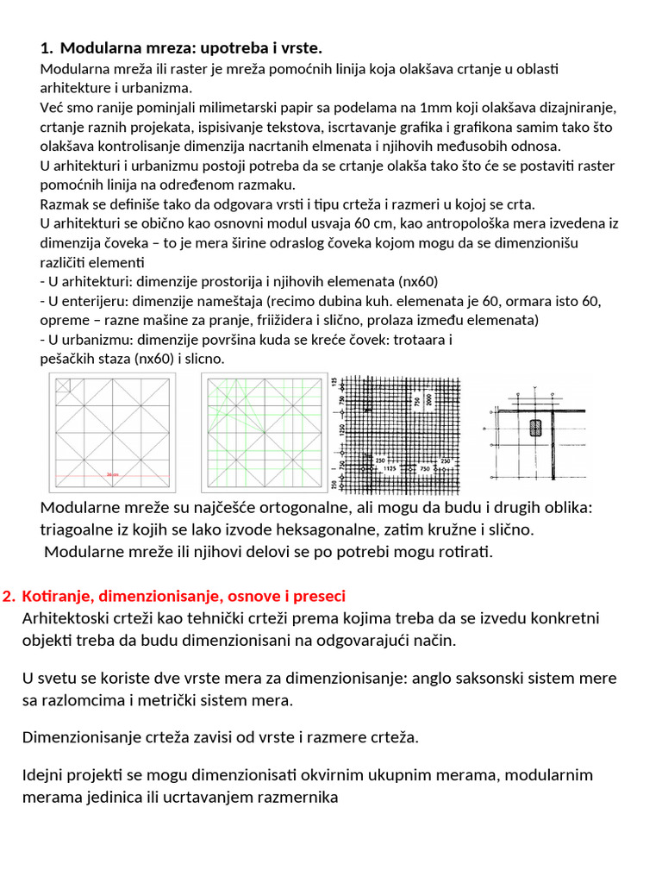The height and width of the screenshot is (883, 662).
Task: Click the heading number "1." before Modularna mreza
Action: (x=47, y=47)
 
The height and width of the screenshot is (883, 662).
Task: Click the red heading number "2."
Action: (x=9, y=597)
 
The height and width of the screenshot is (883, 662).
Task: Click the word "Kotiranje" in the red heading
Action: (x=59, y=597)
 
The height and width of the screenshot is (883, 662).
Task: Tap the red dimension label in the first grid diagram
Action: (x=112, y=473)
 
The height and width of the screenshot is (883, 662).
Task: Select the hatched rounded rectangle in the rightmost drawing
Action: (x=535, y=429)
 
